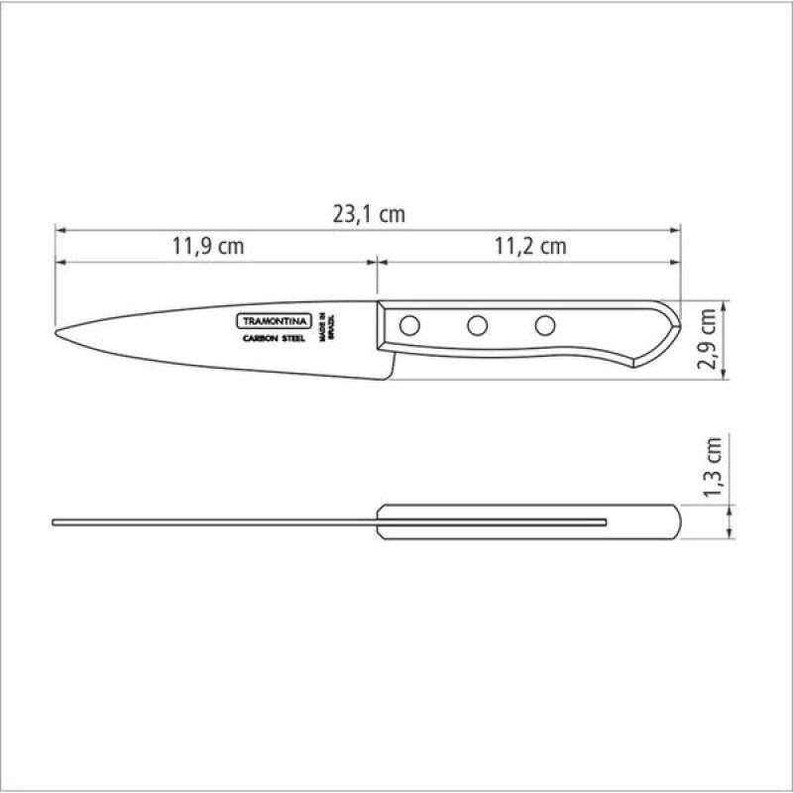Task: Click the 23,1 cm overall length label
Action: click(x=369, y=215)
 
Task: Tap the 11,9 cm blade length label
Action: click(x=208, y=246)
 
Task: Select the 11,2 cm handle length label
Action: click(x=530, y=246)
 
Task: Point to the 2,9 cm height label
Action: click(x=707, y=339)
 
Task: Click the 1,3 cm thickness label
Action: click(x=712, y=467)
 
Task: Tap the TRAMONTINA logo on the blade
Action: click(x=275, y=321)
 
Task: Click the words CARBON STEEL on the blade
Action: click(x=275, y=338)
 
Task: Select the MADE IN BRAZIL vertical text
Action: click(x=327, y=327)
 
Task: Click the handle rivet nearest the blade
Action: click(x=409, y=326)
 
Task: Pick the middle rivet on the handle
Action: click(x=478, y=326)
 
